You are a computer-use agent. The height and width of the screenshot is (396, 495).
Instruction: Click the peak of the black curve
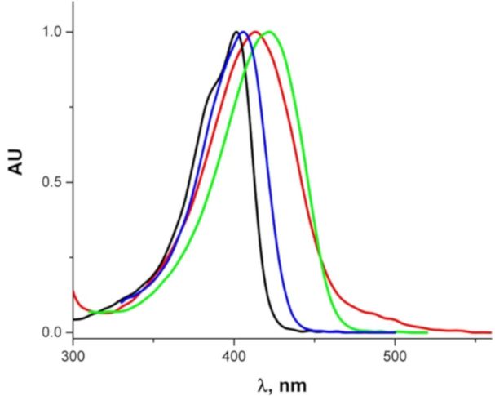[236, 32]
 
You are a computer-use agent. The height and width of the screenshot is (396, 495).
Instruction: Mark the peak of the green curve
[268, 32]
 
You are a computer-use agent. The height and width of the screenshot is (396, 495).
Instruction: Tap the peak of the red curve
[255, 32]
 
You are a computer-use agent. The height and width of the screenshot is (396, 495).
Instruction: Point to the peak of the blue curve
[243, 32]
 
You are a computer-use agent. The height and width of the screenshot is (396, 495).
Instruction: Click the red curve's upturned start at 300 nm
[73, 291]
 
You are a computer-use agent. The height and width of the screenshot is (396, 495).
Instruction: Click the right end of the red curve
[491, 332]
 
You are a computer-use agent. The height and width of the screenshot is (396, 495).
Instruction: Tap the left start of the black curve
[73, 319]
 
